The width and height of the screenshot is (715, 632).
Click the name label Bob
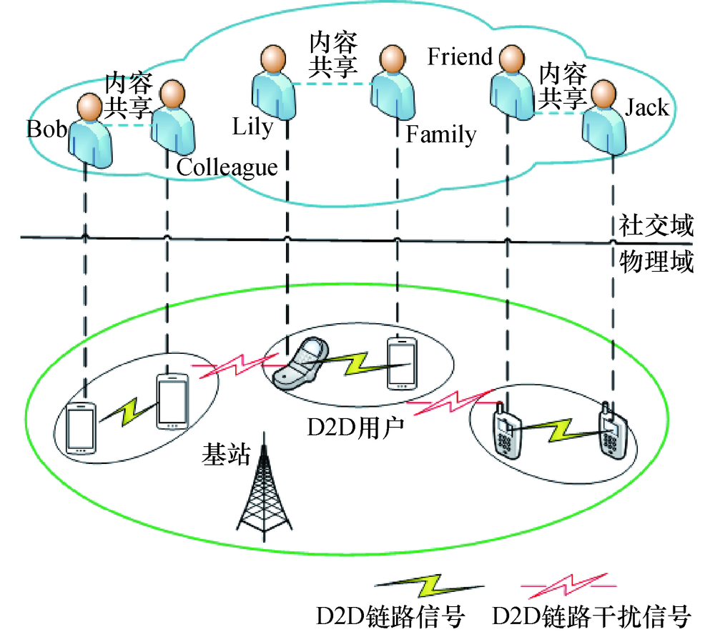[47, 129]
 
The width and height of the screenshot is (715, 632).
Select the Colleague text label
[227, 167]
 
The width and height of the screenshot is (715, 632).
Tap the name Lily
[252, 127]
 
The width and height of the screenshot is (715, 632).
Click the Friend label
[460, 56]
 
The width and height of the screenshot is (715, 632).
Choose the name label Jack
[647, 107]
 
